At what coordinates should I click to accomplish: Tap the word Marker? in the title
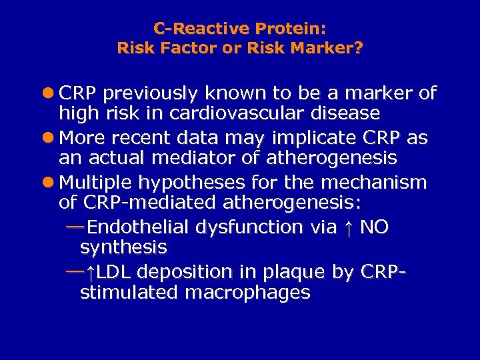point(329,48)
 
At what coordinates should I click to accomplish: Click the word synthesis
point(123,248)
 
